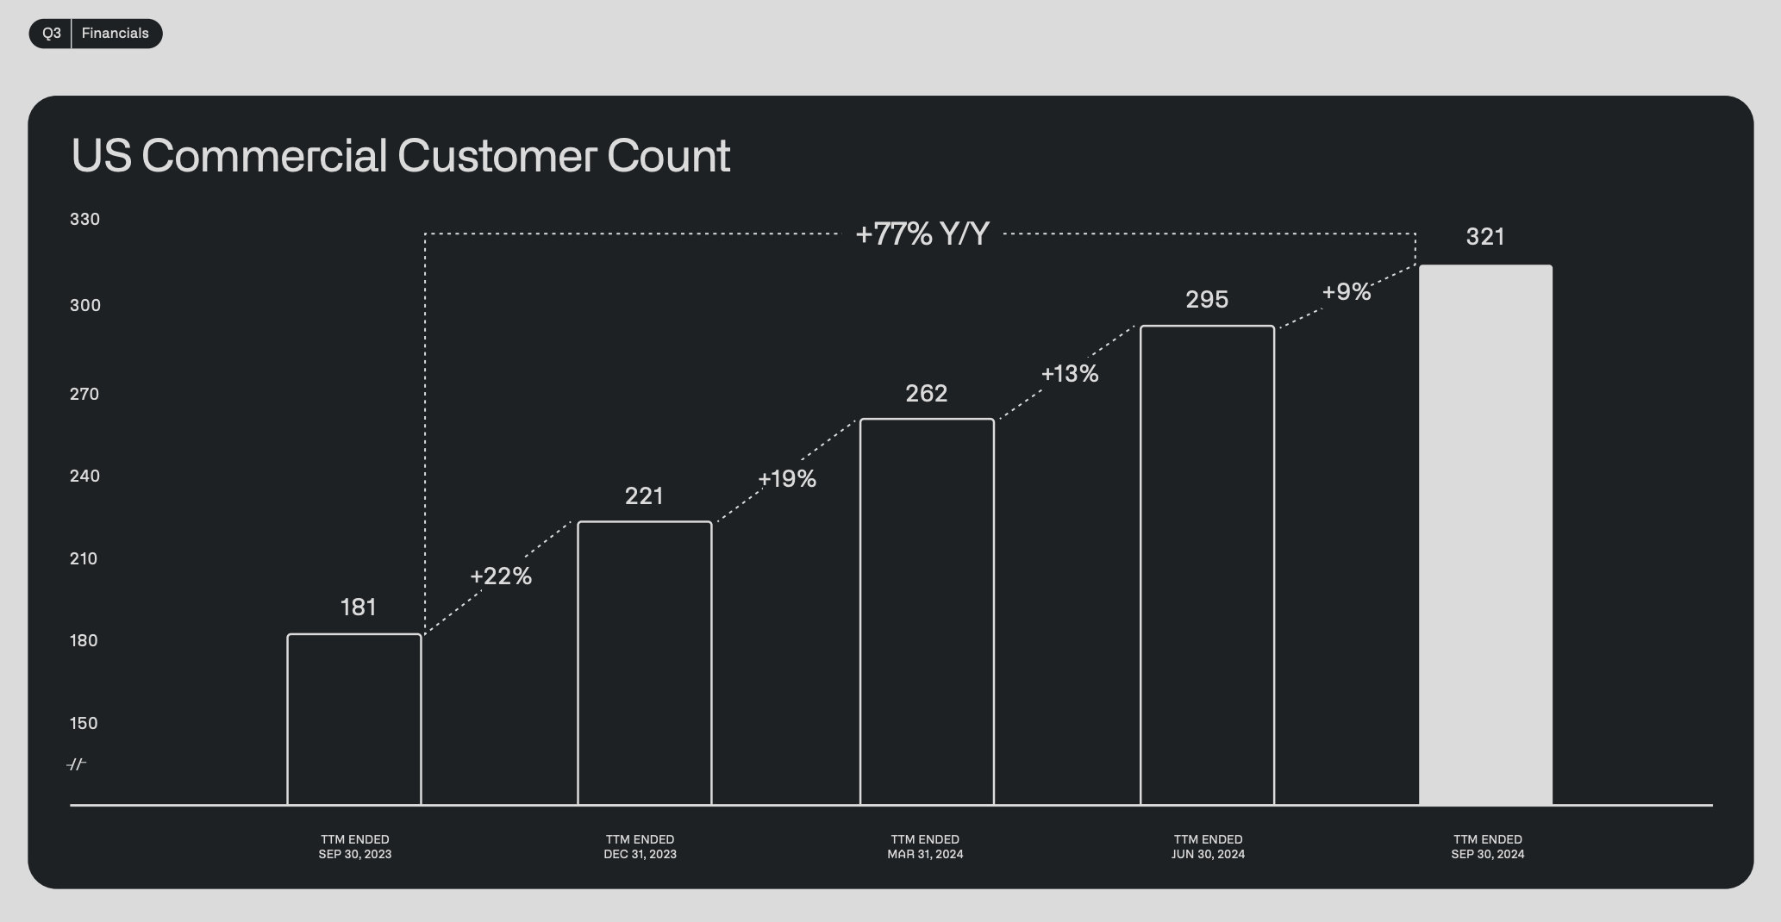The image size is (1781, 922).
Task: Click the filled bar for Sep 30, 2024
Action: pos(1485,534)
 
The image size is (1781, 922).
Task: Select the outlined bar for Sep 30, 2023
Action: pos(354,635)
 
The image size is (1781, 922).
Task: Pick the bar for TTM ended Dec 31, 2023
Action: pos(645,522)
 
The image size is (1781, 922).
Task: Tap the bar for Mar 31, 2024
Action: pos(927,420)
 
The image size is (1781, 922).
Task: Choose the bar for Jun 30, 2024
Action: pos(1207,327)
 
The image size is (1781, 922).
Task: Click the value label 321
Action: pos(1485,237)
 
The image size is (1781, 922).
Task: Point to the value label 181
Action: pos(359,607)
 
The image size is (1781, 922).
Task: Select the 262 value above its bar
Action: pos(927,394)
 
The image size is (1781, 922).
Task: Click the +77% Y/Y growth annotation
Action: pos(922,234)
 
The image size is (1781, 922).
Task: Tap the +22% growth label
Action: pos(501,576)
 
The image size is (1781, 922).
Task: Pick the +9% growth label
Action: pos(1347,292)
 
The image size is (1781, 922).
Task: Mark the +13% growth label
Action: pos(1070,374)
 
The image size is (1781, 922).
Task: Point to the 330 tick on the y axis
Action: pos(85,219)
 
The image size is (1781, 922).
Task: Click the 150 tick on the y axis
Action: pos(84,723)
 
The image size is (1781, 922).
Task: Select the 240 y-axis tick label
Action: pos(84,476)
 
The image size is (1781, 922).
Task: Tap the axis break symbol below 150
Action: pos(77,764)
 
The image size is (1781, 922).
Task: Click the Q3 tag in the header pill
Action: pos(52,34)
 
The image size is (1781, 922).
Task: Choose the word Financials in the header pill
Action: pos(116,34)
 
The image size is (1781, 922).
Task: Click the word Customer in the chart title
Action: pos(497,156)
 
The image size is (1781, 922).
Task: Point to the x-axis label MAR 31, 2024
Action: pos(925,855)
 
